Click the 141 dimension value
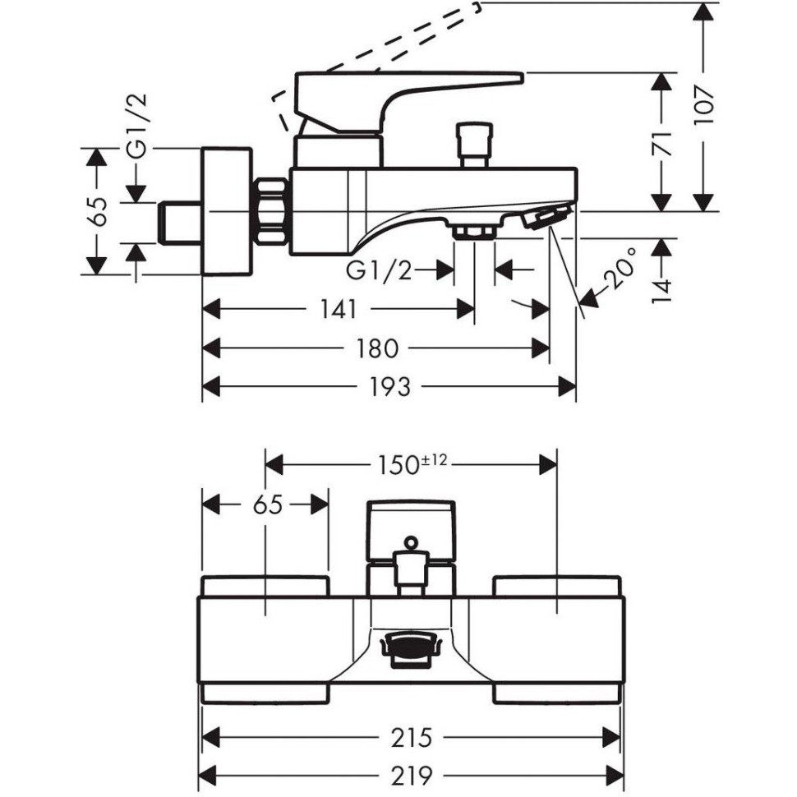point(339,309)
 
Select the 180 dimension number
point(376,348)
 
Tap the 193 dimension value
point(389,387)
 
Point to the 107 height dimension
point(703,104)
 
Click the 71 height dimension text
point(662,144)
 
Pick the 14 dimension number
point(662,291)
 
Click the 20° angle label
point(620,269)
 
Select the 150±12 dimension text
point(412,464)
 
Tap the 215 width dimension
point(411,738)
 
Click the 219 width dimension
point(411,776)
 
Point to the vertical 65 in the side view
point(97,211)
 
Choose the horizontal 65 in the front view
point(268,505)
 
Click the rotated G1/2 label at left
point(136,126)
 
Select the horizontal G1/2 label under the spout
point(379,271)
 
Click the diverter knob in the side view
point(474,145)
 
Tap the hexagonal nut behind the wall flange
point(271,211)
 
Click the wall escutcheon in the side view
point(227,211)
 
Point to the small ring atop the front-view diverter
point(411,542)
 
